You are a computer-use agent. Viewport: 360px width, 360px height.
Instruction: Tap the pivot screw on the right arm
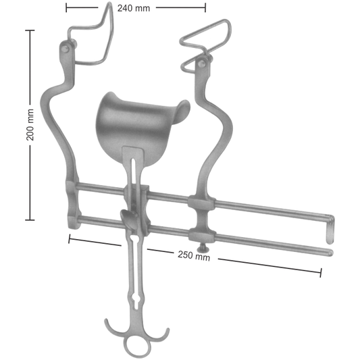click(x=201, y=65)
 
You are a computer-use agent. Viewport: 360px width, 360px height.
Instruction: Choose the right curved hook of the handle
click(x=162, y=329)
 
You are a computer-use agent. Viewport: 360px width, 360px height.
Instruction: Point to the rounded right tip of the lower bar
click(x=330, y=252)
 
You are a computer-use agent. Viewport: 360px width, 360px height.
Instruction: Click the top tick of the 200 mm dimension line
click(x=30, y=30)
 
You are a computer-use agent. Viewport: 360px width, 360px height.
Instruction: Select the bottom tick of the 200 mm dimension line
click(x=30, y=220)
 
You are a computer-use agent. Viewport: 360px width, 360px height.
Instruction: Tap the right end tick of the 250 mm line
click(x=321, y=272)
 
